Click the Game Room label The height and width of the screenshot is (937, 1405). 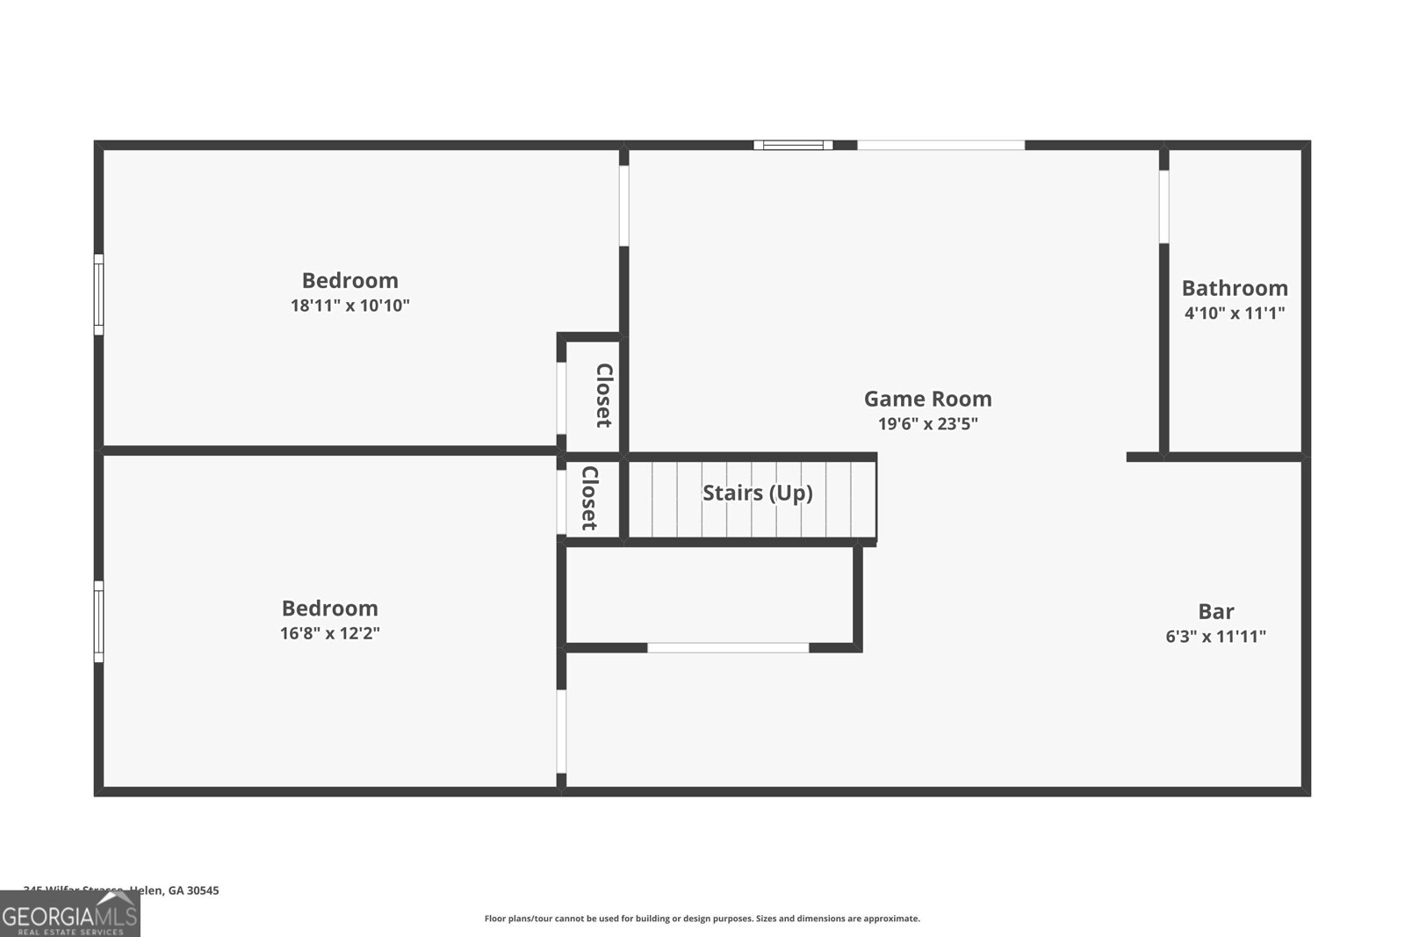pyautogui.click(x=927, y=399)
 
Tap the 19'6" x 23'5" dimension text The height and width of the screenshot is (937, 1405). pyautogui.click(x=927, y=424)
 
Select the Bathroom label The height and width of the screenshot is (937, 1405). pyautogui.click(x=1234, y=288)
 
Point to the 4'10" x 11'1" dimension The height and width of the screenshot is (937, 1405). pyautogui.click(x=1234, y=314)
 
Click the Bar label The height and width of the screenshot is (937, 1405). pyautogui.click(x=1215, y=611)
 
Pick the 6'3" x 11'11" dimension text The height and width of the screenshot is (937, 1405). pyautogui.click(x=1215, y=637)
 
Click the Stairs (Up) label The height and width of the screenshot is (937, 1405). pyautogui.click(x=757, y=493)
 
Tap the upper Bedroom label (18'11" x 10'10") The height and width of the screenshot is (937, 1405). pyautogui.click(x=349, y=280)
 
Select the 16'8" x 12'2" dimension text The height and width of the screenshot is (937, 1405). pyautogui.click(x=329, y=633)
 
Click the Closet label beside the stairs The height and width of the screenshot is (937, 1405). pyautogui.click(x=589, y=498)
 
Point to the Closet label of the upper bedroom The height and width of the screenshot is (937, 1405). pyautogui.click(x=604, y=395)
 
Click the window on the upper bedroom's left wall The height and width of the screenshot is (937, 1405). pyautogui.click(x=99, y=294)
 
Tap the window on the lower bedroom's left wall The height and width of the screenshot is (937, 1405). pyautogui.click(x=99, y=621)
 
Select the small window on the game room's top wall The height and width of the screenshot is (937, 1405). pyautogui.click(x=792, y=145)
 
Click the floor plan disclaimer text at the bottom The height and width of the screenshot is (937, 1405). pyautogui.click(x=702, y=919)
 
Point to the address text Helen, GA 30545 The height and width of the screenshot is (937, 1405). pyautogui.click(x=174, y=890)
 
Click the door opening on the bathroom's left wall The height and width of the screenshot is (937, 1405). pyautogui.click(x=1164, y=206)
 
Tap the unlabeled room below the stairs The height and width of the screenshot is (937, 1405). pyautogui.click(x=710, y=595)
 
